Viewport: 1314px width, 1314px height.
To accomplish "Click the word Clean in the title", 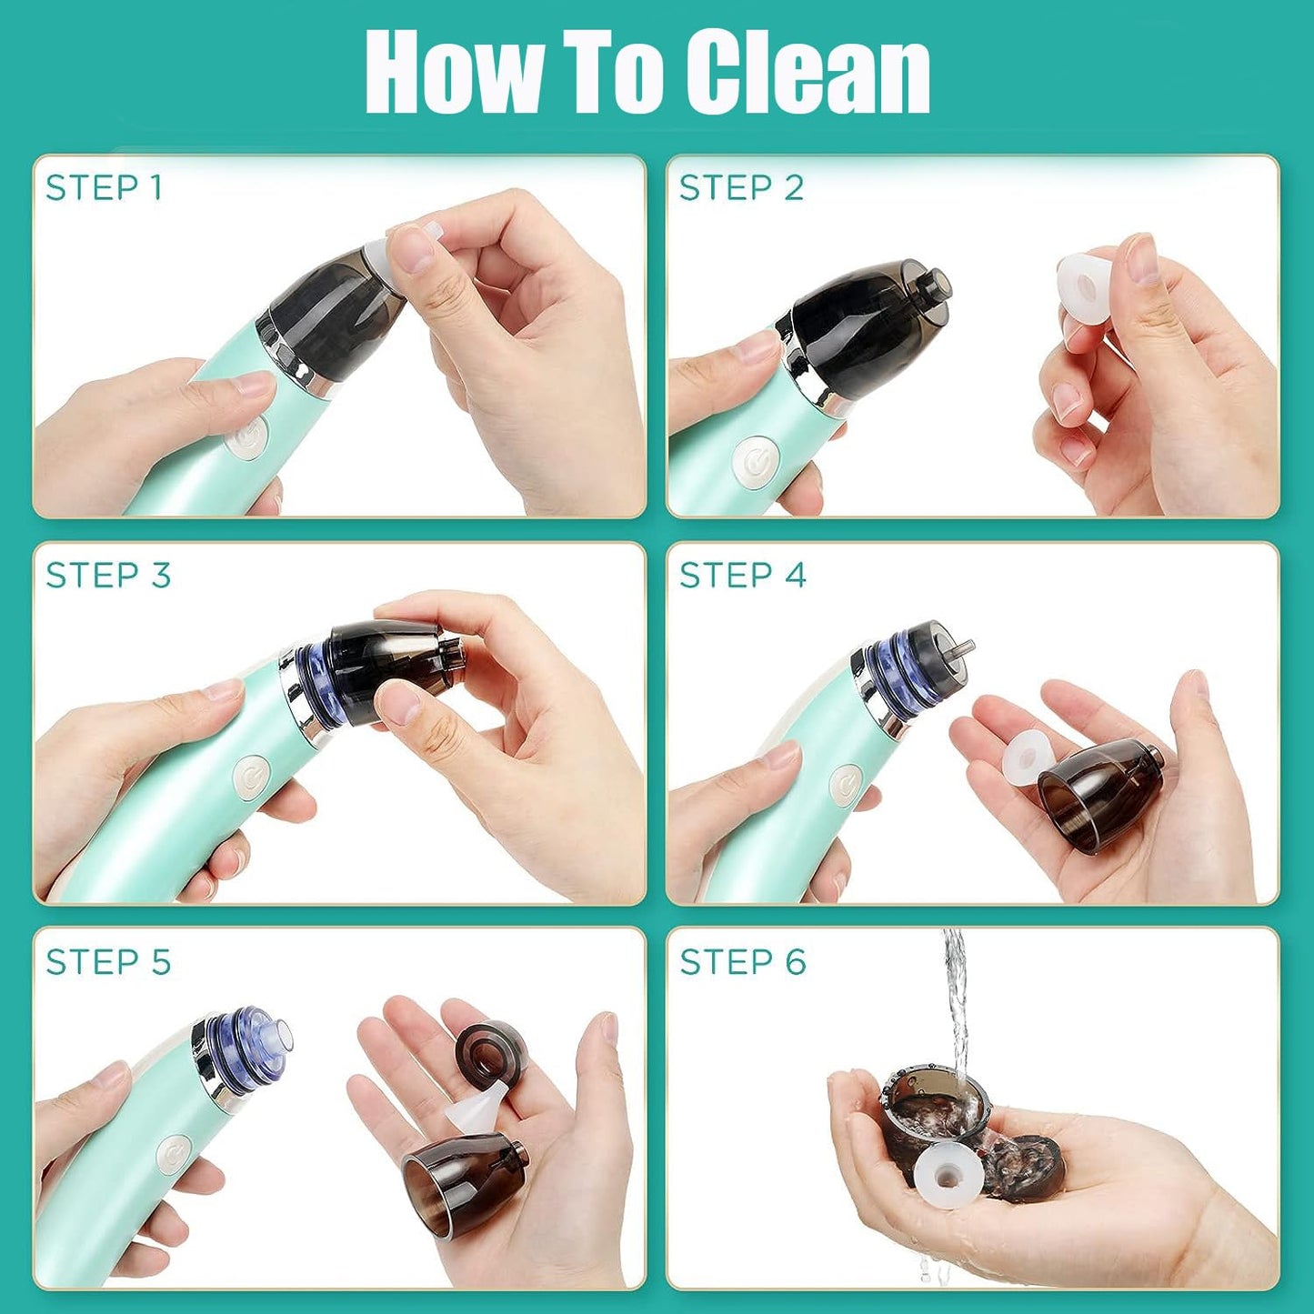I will click(x=807, y=73).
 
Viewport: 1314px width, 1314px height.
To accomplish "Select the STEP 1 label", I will click(x=104, y=188).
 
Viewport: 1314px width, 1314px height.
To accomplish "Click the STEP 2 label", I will click(x=741, y=188).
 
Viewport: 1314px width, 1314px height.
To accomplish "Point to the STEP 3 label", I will click(x=108, y=576).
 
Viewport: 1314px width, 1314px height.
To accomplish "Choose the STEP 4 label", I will click(x=743, y=576).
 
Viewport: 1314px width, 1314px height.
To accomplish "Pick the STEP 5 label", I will click(x=108, y=962).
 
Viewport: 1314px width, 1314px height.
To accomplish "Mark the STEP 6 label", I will click(x=743, y=962).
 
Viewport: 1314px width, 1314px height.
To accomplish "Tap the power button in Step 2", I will click(x=754, y=462).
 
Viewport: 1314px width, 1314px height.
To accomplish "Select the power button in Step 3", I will click(x=251, y=778).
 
